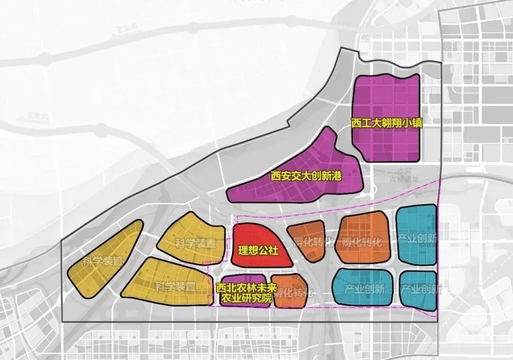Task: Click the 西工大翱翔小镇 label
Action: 387,123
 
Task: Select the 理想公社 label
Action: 258,250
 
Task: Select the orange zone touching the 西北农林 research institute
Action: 288,290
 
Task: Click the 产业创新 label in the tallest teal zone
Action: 418,239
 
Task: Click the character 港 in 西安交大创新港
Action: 337,177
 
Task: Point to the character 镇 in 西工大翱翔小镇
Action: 418,123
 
